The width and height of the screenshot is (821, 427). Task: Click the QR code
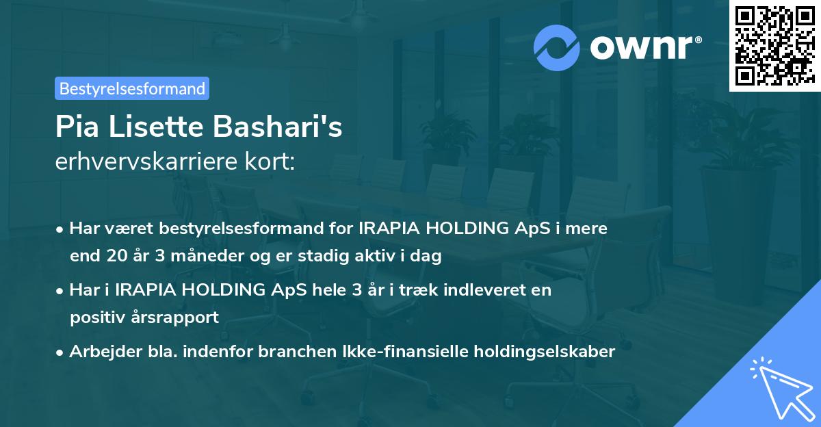coord(774,45)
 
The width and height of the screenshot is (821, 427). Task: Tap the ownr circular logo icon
coord(557,47)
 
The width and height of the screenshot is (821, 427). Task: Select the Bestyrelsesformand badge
coord(132,88)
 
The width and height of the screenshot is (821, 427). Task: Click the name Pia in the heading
coord(77,128)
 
